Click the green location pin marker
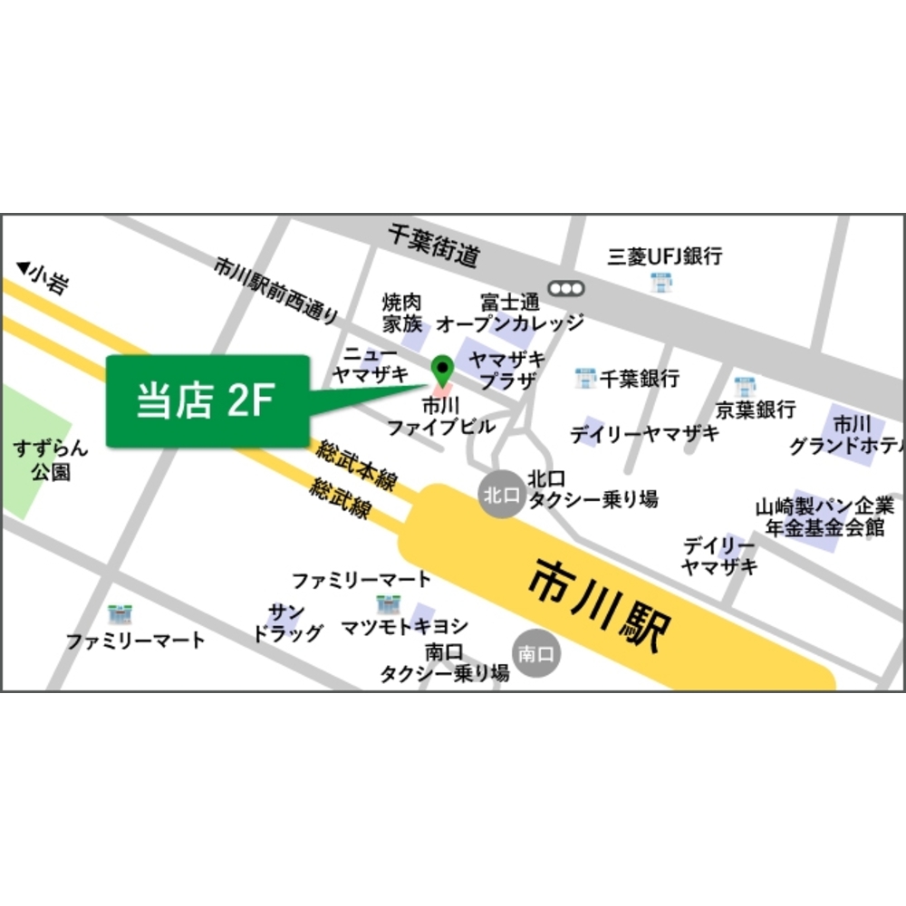(x=442, y=369)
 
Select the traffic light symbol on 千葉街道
(x=566, y=288)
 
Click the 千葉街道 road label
(x=432, y=246)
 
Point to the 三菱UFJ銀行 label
(x=665, y=256)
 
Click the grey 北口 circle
(x=501, y=495)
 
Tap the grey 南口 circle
(x=537, y=652)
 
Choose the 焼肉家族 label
(x=402, y=312)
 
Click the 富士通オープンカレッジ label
(x=510, y=313)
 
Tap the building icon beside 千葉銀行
(x=586, y=378)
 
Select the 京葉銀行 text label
(x=756, y=410)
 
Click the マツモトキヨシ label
(x=405, y=626)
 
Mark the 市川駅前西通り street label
(x=276, y=289)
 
